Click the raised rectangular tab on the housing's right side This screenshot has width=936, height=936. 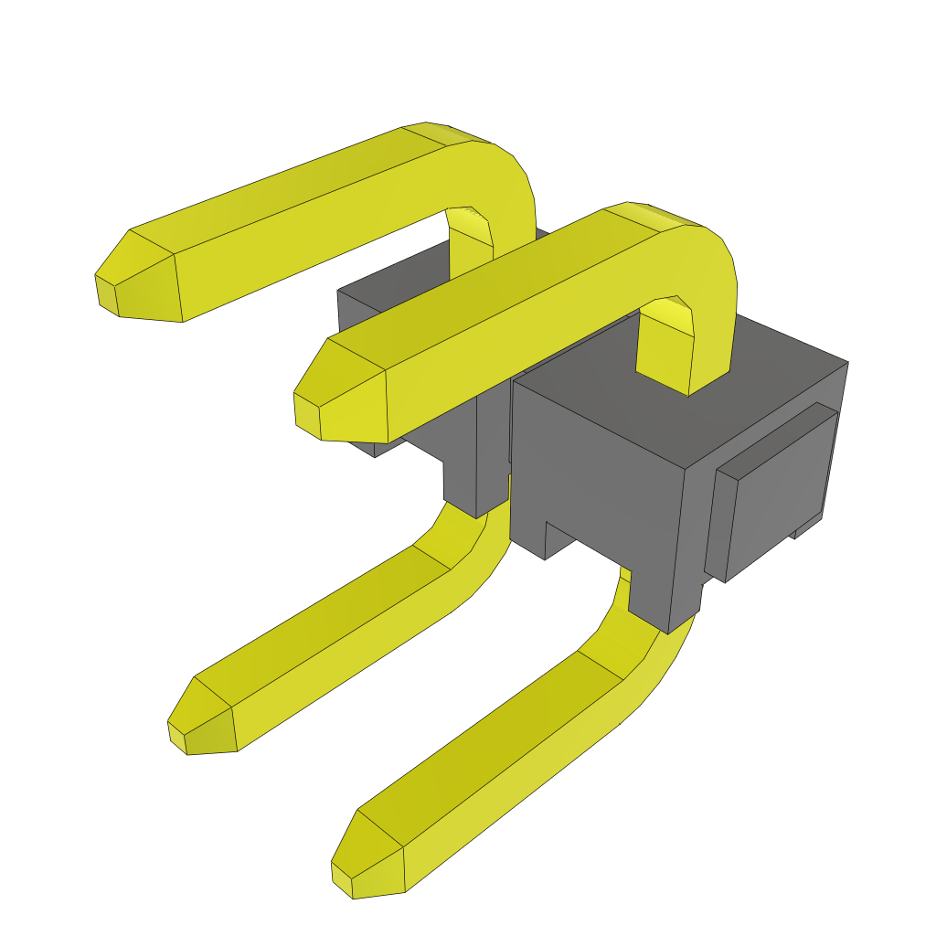(777, 494)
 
